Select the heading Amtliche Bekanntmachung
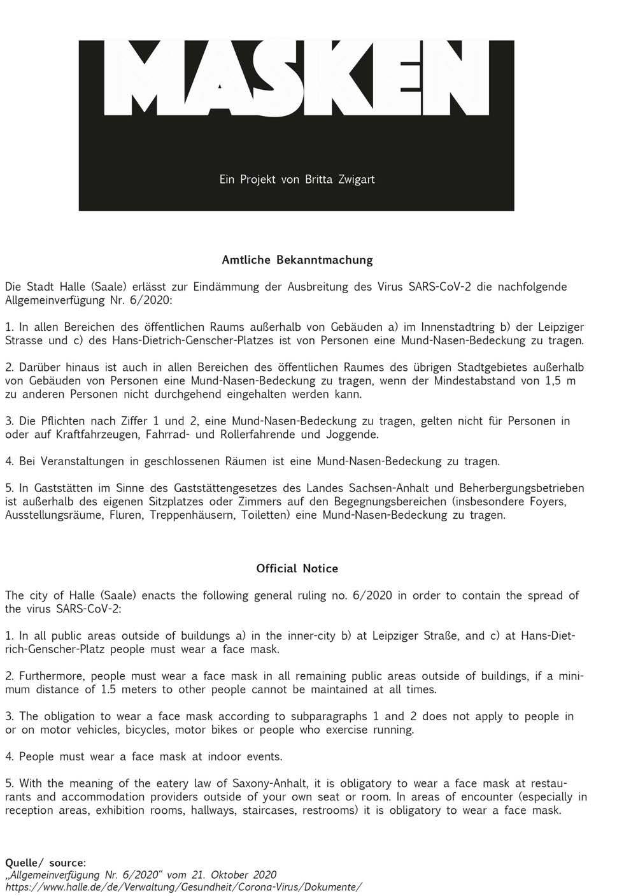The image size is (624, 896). tap(297, 260)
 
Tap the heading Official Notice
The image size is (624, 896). tap(297, 568)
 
